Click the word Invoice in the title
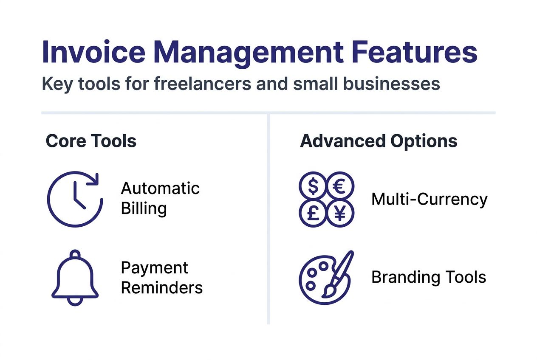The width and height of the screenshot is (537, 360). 94,52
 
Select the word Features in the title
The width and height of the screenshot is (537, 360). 415,52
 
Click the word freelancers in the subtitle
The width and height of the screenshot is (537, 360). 202,84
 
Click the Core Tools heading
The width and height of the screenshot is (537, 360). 91,141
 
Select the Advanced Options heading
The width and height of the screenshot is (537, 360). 379,141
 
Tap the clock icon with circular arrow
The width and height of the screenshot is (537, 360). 75,199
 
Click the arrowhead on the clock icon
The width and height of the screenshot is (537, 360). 94,180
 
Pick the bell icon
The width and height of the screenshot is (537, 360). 75,278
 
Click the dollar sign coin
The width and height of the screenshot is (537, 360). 313,186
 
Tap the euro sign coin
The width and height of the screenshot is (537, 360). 340,186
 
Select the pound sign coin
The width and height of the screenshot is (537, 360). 313,213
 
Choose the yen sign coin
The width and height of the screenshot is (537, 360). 340,213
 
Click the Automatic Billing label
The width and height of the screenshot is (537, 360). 160,199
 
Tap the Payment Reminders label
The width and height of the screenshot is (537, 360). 162,278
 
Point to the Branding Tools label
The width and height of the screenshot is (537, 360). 429,277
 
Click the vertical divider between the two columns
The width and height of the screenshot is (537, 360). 268,219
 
